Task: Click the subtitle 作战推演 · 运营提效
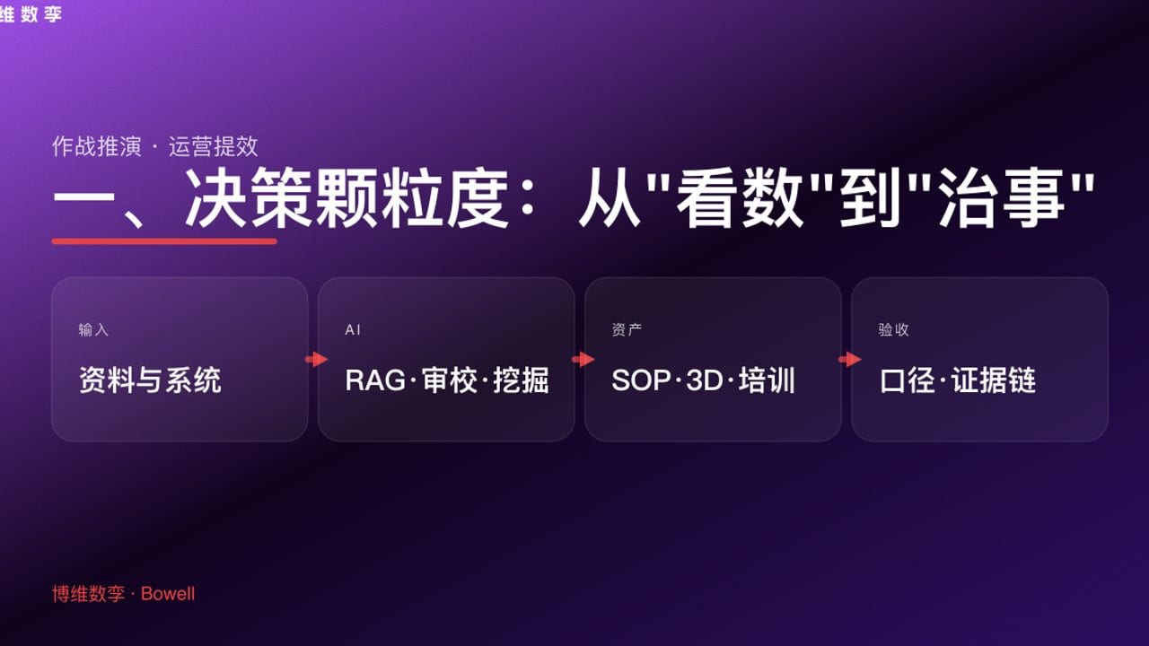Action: [155, 146]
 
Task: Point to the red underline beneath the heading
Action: [164, 240]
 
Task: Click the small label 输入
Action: [93, 330]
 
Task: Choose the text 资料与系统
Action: [150, 380]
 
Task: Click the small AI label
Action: [353, 330]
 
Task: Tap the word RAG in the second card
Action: [374, 380]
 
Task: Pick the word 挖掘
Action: [521, 380]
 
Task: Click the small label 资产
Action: [627, 330]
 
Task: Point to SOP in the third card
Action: [641, 380]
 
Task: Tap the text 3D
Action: [705, 380]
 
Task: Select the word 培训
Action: [767, 380]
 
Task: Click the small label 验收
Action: [893, 330]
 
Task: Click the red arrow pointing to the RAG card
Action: [316, 360]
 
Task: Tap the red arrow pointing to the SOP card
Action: [583, 360]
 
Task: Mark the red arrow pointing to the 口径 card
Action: [849, 360]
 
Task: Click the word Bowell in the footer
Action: [168, 594]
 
